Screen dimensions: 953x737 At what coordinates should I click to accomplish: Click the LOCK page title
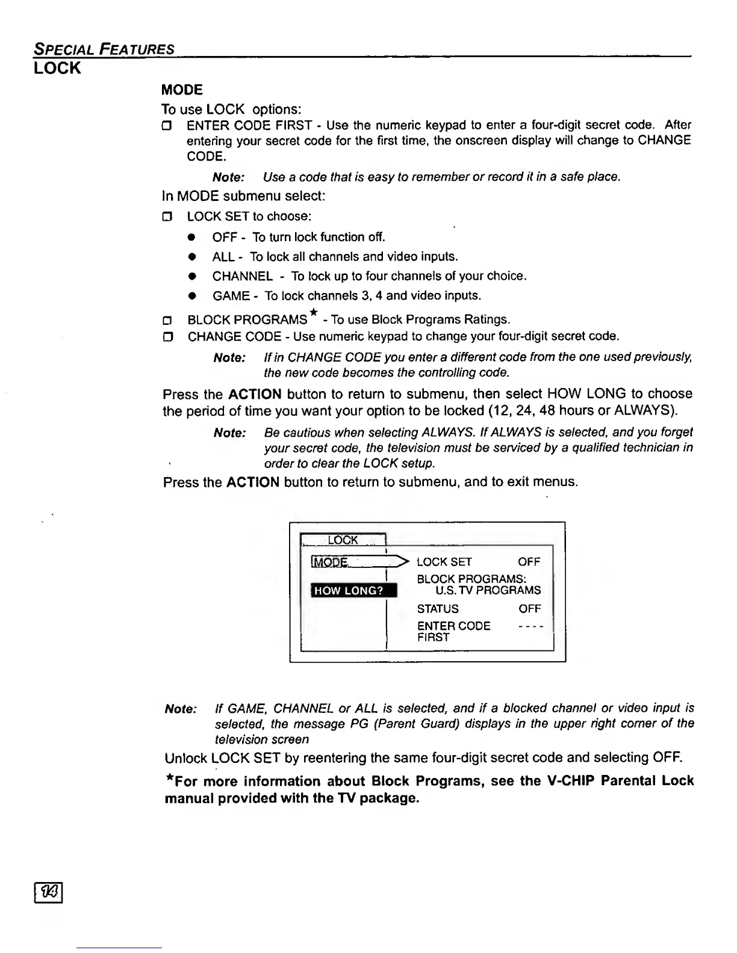tap(57, 68)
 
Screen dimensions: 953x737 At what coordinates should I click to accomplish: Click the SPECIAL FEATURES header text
tap(104, 49)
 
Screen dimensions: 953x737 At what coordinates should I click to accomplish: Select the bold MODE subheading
tap(182, 90)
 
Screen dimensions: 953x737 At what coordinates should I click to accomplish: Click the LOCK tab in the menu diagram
tap(343, 540)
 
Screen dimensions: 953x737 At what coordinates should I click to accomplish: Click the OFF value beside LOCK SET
tap(529, 562)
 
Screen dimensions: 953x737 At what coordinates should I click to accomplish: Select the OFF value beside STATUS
tap(529, 609)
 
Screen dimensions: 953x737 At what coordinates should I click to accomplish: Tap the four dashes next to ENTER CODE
tap(530, 626)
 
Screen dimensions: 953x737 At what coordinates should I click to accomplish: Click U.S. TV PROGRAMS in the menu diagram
tap(488, 590)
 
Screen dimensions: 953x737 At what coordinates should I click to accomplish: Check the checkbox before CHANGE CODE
tap(169, 336)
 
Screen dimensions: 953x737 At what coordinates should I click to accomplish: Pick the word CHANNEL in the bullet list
tap(242, 276)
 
